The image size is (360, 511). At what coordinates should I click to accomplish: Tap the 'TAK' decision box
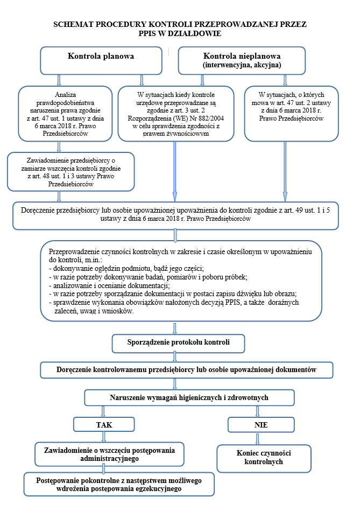point(103,425)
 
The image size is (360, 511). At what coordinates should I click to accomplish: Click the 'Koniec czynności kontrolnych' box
point(264,458)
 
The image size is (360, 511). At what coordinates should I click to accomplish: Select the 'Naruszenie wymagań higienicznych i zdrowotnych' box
point(189,397)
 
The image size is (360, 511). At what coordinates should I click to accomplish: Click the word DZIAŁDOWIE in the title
point(195,33)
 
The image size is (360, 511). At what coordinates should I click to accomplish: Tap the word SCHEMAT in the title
point(73,25)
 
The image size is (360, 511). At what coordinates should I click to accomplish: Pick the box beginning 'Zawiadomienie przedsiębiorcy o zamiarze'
point(70,171)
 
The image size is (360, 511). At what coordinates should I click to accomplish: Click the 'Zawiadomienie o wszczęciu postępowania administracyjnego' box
point(109,454)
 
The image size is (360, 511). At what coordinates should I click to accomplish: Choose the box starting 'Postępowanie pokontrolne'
point(119,484)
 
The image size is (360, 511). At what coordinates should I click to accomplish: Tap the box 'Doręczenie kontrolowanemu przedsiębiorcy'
point(187,370)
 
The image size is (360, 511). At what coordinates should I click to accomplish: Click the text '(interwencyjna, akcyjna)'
point(242,65)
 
